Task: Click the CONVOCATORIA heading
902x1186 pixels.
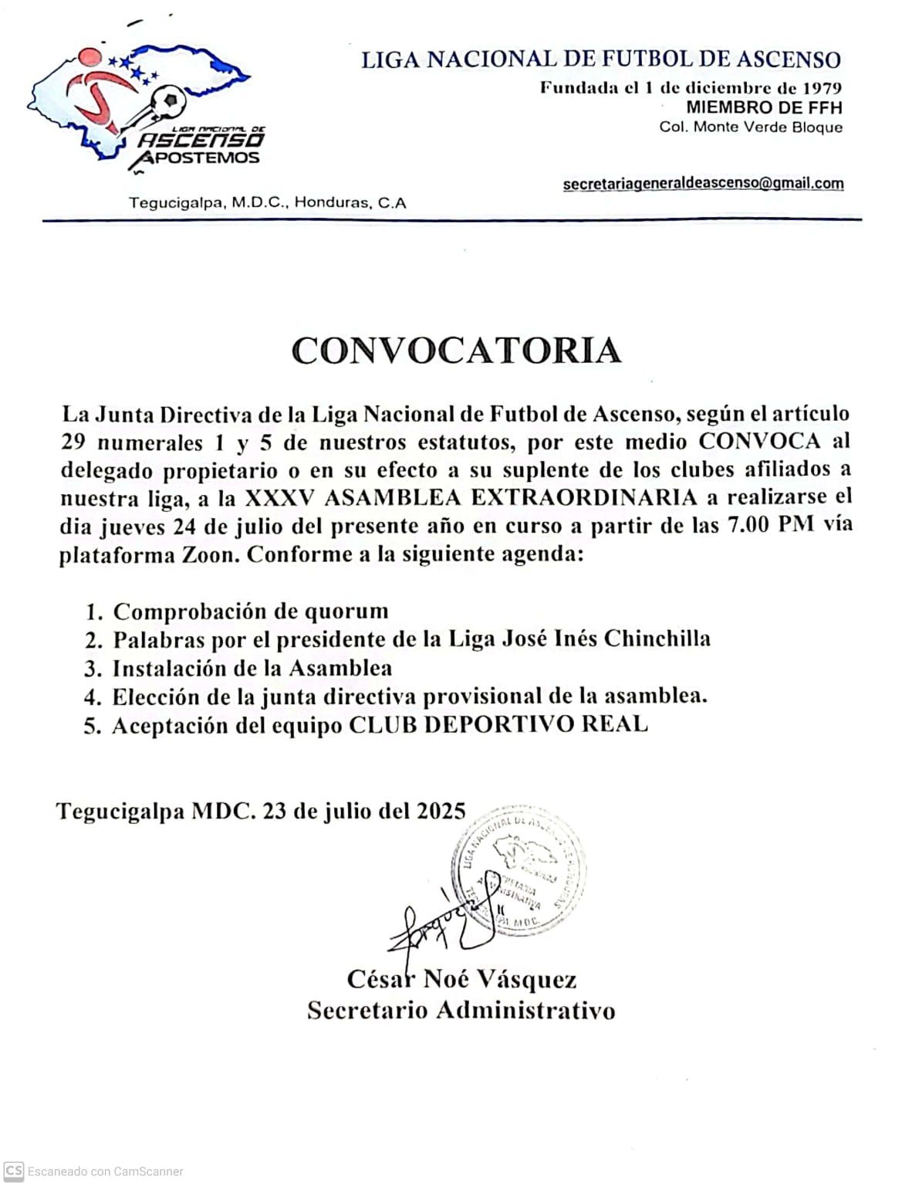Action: point(456,351)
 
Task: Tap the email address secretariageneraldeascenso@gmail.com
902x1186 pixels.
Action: point(703,184)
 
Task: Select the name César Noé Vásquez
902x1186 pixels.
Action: point(461,980)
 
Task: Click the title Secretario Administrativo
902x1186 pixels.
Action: point(461,1010)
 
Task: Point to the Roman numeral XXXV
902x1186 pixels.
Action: point(279,497)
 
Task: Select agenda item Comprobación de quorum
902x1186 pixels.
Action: point(251,611)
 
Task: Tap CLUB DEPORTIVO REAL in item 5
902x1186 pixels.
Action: point(498,725)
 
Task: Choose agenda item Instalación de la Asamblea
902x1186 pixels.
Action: point(252,668)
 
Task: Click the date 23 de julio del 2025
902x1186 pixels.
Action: point(364,811)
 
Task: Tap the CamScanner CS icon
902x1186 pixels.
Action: point(13,1171)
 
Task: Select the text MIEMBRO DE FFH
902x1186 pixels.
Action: point(764,107)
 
